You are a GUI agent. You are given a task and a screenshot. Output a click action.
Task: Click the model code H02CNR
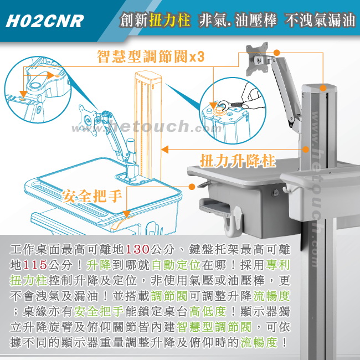45,21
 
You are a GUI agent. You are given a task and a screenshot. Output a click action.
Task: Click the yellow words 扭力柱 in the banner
169,20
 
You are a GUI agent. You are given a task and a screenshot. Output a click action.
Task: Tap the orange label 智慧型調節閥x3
151,56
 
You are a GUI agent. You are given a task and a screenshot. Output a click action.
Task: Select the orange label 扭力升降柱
238,161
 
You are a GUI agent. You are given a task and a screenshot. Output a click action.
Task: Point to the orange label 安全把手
92,196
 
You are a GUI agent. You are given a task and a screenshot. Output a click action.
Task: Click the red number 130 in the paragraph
137,249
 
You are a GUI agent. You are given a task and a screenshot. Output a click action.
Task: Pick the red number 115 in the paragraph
35,265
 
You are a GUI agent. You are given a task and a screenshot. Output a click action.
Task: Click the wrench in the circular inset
232,105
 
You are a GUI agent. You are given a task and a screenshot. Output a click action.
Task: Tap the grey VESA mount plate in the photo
257,59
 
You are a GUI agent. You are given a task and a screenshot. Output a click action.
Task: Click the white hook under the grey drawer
233,221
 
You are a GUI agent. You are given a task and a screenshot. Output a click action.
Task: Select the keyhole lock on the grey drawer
276,192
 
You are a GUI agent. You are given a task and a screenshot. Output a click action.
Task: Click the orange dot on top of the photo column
323,88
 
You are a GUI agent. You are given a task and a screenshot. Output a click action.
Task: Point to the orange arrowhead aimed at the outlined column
165,150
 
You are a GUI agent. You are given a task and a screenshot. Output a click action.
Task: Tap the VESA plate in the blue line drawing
89,120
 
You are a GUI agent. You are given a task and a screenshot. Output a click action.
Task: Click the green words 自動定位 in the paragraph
176,265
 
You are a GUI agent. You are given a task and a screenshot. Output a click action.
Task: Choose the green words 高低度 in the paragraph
208,311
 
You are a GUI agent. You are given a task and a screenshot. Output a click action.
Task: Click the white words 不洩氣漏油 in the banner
320,20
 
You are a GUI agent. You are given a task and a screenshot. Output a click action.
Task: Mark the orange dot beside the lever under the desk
192,187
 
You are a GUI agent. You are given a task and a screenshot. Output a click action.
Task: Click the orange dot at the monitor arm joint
277,53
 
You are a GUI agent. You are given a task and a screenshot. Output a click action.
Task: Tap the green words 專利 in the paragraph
278,265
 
